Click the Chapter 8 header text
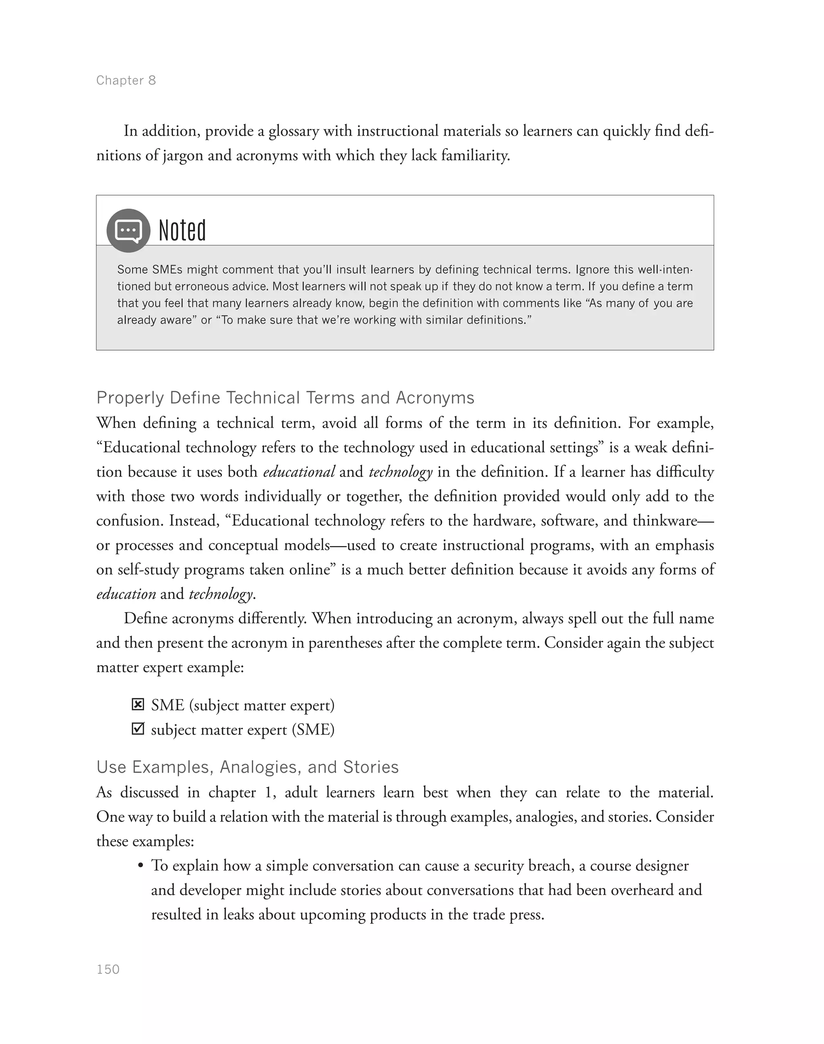126,80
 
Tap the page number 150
108,969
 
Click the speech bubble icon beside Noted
128,230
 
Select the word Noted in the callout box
182,230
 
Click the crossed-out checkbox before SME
138,705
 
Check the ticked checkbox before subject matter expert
138,729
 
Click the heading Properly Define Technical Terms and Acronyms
285,398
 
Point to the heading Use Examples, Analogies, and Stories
247,767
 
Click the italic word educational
299,472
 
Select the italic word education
126,594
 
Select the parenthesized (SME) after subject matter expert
313,729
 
